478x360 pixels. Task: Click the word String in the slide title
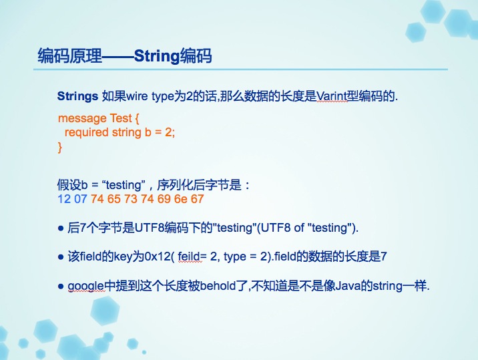156,56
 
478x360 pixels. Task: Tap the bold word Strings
77,96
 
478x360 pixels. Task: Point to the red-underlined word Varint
332,96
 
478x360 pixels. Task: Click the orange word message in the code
82,118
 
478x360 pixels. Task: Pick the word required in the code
87,133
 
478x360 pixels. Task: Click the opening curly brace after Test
137,118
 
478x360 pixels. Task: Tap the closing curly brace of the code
60,148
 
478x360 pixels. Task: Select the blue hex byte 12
64,199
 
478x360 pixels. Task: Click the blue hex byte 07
81,199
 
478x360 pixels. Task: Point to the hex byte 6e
180,199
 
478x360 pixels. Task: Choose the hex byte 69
164,199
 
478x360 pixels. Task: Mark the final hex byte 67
197,199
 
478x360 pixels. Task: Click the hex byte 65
114,199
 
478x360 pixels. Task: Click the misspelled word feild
190,256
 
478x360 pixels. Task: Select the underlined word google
85,286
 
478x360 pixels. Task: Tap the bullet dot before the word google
61,286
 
